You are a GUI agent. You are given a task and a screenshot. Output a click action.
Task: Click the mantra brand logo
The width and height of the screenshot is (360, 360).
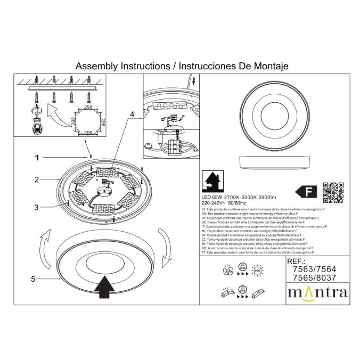pos(317,292)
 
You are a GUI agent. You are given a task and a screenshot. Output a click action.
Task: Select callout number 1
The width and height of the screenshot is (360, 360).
pos(37,158)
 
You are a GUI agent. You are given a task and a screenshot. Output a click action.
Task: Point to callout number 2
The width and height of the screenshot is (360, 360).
pos(37,179)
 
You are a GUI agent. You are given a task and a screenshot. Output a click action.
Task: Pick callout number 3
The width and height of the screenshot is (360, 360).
pos(37,207)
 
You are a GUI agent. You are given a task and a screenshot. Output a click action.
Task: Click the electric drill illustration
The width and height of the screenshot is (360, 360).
pos(36,121)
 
